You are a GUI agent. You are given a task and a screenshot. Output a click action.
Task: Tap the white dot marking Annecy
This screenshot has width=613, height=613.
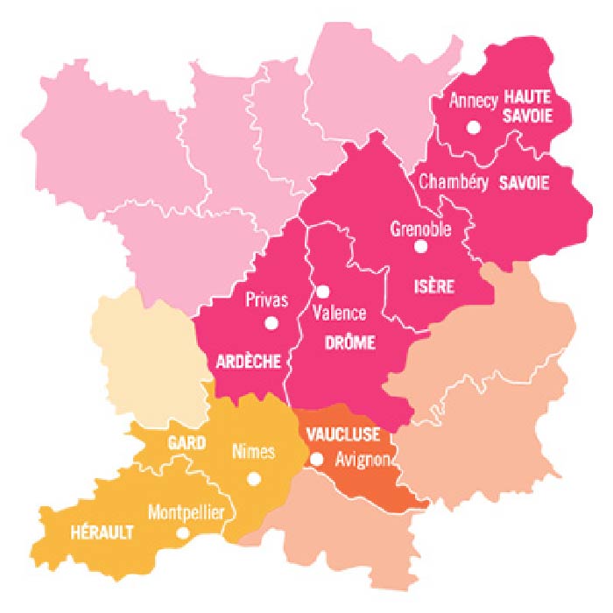click(474, 127)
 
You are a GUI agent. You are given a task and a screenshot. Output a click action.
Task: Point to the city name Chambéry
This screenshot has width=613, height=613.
click(453, 182)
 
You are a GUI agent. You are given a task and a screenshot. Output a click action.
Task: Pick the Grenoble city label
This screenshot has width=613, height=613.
click(420, 229)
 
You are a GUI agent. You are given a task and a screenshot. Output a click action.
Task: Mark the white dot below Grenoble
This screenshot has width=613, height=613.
click(420, 247)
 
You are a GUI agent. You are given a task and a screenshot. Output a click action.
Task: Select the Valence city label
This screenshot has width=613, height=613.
click(340, 313)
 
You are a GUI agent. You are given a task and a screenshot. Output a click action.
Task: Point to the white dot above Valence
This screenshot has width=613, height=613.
click(322, 292)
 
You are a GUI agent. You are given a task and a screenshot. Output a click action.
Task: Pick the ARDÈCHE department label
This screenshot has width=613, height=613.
click(248, 360)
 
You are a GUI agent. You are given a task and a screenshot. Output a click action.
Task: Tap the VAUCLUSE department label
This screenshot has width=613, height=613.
click(343, 433)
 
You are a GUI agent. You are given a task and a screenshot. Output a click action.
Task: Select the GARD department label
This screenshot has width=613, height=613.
click(187, 443)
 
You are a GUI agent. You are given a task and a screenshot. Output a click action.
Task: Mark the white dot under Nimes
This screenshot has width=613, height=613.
click(254, 479)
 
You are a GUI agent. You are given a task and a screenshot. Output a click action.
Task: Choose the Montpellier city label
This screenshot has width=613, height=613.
click(186, 511)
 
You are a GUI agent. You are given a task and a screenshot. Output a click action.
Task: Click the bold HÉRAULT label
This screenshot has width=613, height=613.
click(102, 532)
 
